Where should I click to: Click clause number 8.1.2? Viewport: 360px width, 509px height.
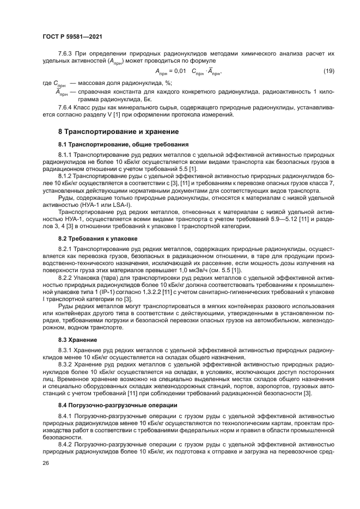66,177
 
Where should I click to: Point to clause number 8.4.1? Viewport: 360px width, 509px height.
66,416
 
